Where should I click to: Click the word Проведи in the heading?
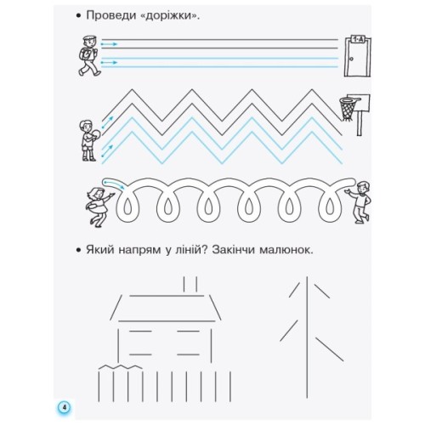point(117,15)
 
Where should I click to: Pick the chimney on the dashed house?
point(192,284)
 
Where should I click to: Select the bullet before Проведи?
point(76,15)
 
